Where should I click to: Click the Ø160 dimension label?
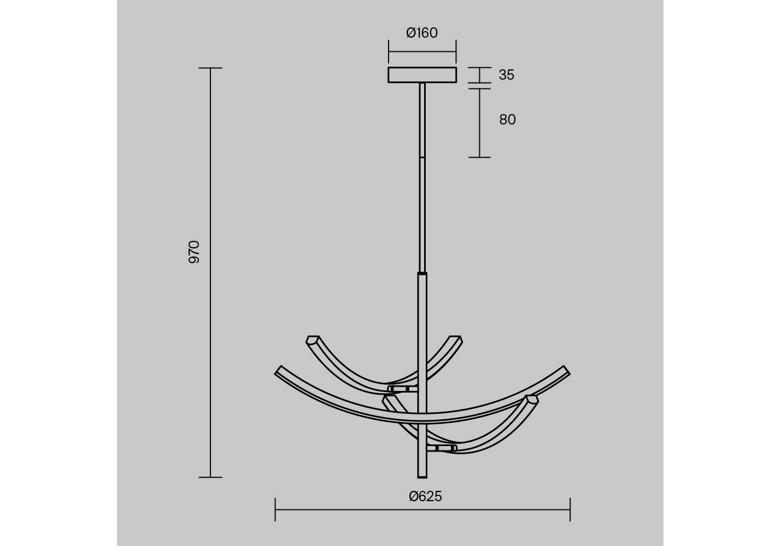point(422,33)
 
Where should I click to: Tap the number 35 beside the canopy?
point(506,75)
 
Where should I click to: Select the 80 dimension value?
point(507,120)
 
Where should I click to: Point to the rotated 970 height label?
point(194,252)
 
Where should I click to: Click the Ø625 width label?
point(425,496)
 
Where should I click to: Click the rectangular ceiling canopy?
point(422,75)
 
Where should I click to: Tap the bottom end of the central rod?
point(422,477)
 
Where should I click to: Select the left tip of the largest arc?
point(278,370)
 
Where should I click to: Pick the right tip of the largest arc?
point(567,370)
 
